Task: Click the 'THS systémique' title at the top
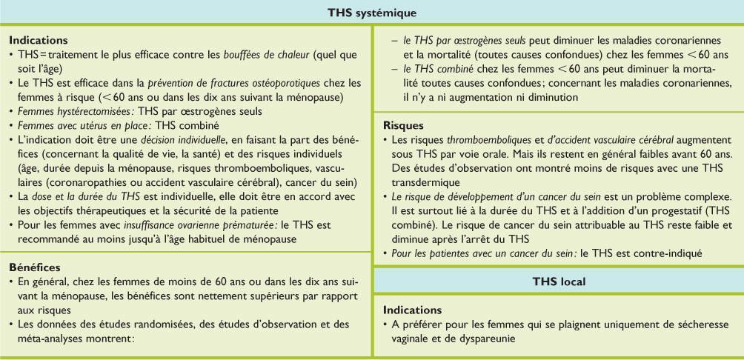pos(372,12)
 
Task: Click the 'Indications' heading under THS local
pos(413,309)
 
